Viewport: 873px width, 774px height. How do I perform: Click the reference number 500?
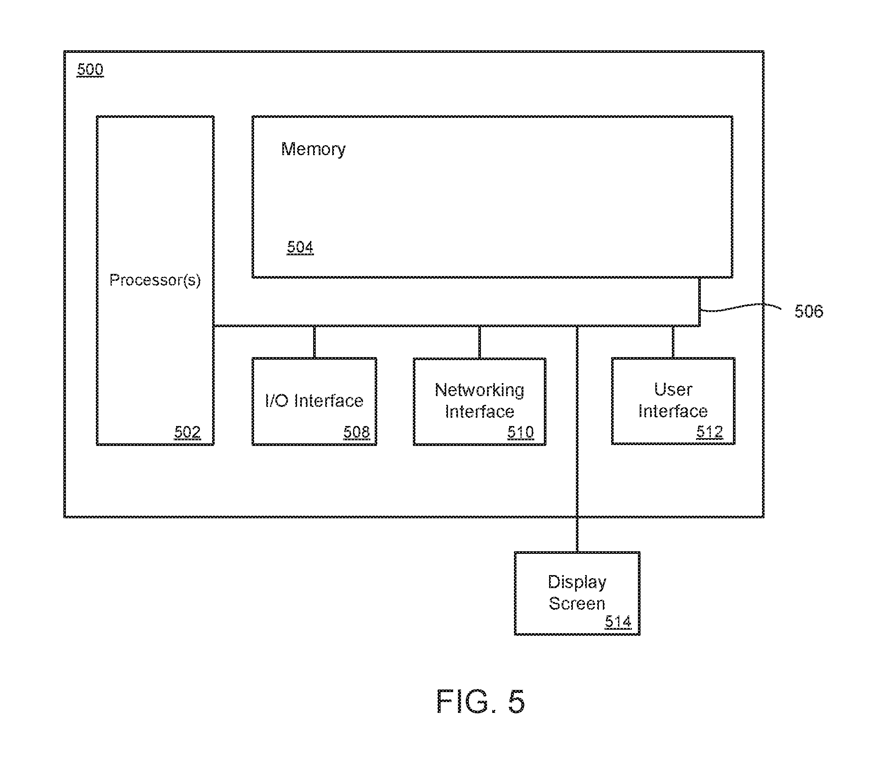[x=90, y=69]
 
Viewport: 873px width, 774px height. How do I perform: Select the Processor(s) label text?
[x=155, y=280]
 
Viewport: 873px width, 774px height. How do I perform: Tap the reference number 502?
[x=187, y=432]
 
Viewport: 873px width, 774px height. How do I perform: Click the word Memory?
[x=313, y=149]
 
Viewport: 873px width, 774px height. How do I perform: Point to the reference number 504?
[x=300, y=247]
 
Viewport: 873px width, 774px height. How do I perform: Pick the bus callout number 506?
[x=808, y=311]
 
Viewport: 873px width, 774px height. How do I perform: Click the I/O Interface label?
[x=314, y=401]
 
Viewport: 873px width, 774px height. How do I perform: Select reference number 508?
[x=356, y=432]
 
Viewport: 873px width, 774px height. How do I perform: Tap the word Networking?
[x=479, y=390]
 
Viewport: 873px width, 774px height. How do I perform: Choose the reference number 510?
[x=520, y=432]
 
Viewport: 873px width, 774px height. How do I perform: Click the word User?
[x=673, y=390]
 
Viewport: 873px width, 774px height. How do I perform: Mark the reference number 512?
[x=710, y=432]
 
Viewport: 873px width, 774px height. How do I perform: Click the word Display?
[x=577, y=582]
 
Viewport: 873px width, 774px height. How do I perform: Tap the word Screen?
[x=577, y=603]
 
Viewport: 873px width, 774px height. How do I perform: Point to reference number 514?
[x=618, y=622]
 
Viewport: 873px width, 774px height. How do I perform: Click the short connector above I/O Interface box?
[x=314, y=342]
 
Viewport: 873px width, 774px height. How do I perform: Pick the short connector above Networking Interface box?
[x=479, y=342]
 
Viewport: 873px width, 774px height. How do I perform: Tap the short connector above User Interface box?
[x=673, y=342]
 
